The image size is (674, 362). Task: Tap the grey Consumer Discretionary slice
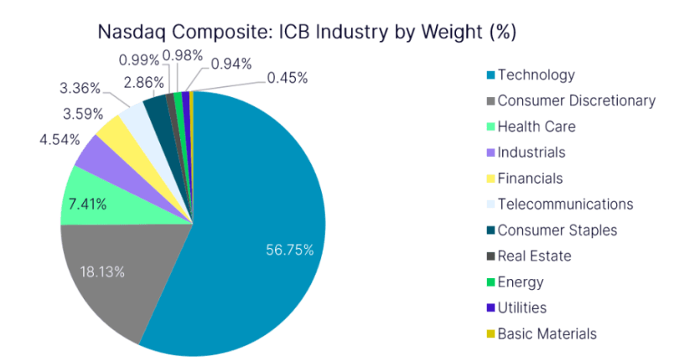(117, 268)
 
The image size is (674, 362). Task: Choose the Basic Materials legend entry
(547, 334)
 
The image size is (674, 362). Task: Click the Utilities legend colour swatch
(490, 308)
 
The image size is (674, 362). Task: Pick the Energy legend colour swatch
(490, 282)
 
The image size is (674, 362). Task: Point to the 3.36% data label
(80, 88)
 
